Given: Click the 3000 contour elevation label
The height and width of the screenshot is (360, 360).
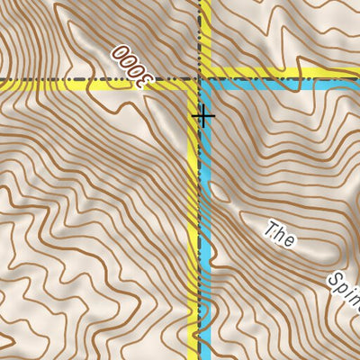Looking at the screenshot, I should pos(130,67).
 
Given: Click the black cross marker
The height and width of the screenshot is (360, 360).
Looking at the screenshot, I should pos(204,115).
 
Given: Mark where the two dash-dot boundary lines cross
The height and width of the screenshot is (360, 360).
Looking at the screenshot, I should pos(199,80).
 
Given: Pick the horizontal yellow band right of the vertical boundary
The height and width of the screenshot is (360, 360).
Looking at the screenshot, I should pos(270,73).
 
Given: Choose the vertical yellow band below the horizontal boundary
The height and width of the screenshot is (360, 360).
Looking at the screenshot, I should pos(193,225).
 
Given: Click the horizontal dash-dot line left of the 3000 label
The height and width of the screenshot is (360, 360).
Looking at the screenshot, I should pos(54,80).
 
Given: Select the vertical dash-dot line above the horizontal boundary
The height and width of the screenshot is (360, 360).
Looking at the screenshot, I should pos(199,36).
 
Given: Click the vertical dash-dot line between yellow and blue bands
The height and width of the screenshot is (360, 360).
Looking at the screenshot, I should pos(199,225).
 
